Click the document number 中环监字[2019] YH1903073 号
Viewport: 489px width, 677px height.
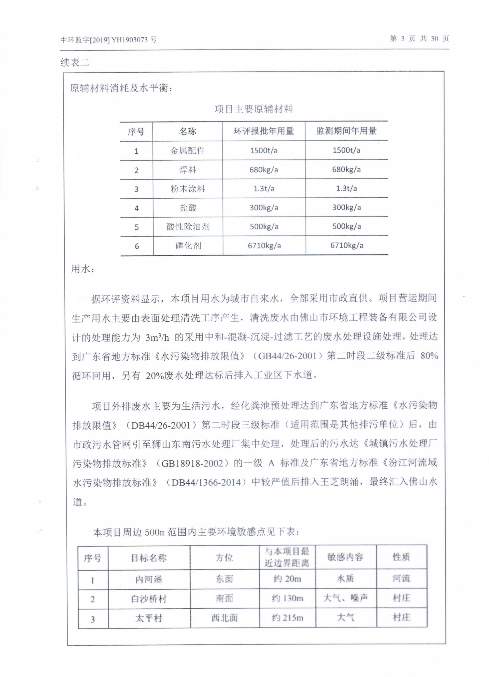click(108, 40)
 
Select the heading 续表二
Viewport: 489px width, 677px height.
click(75, 62)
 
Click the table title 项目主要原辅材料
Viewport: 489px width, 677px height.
click(253, 109)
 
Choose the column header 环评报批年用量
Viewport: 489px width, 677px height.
click(264, 131)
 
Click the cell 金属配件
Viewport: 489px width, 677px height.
click(187, 150)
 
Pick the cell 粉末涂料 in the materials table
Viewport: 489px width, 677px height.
click(187, 189)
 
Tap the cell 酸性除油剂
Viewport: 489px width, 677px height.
click(188, 227)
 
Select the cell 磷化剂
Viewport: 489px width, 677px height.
click(188, 246)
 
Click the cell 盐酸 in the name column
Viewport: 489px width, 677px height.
click(188, 208)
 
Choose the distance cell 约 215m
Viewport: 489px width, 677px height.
click(287, 618)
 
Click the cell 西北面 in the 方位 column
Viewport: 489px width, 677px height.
click(224, 618)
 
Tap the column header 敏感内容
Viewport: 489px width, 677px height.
click(345, 557)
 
